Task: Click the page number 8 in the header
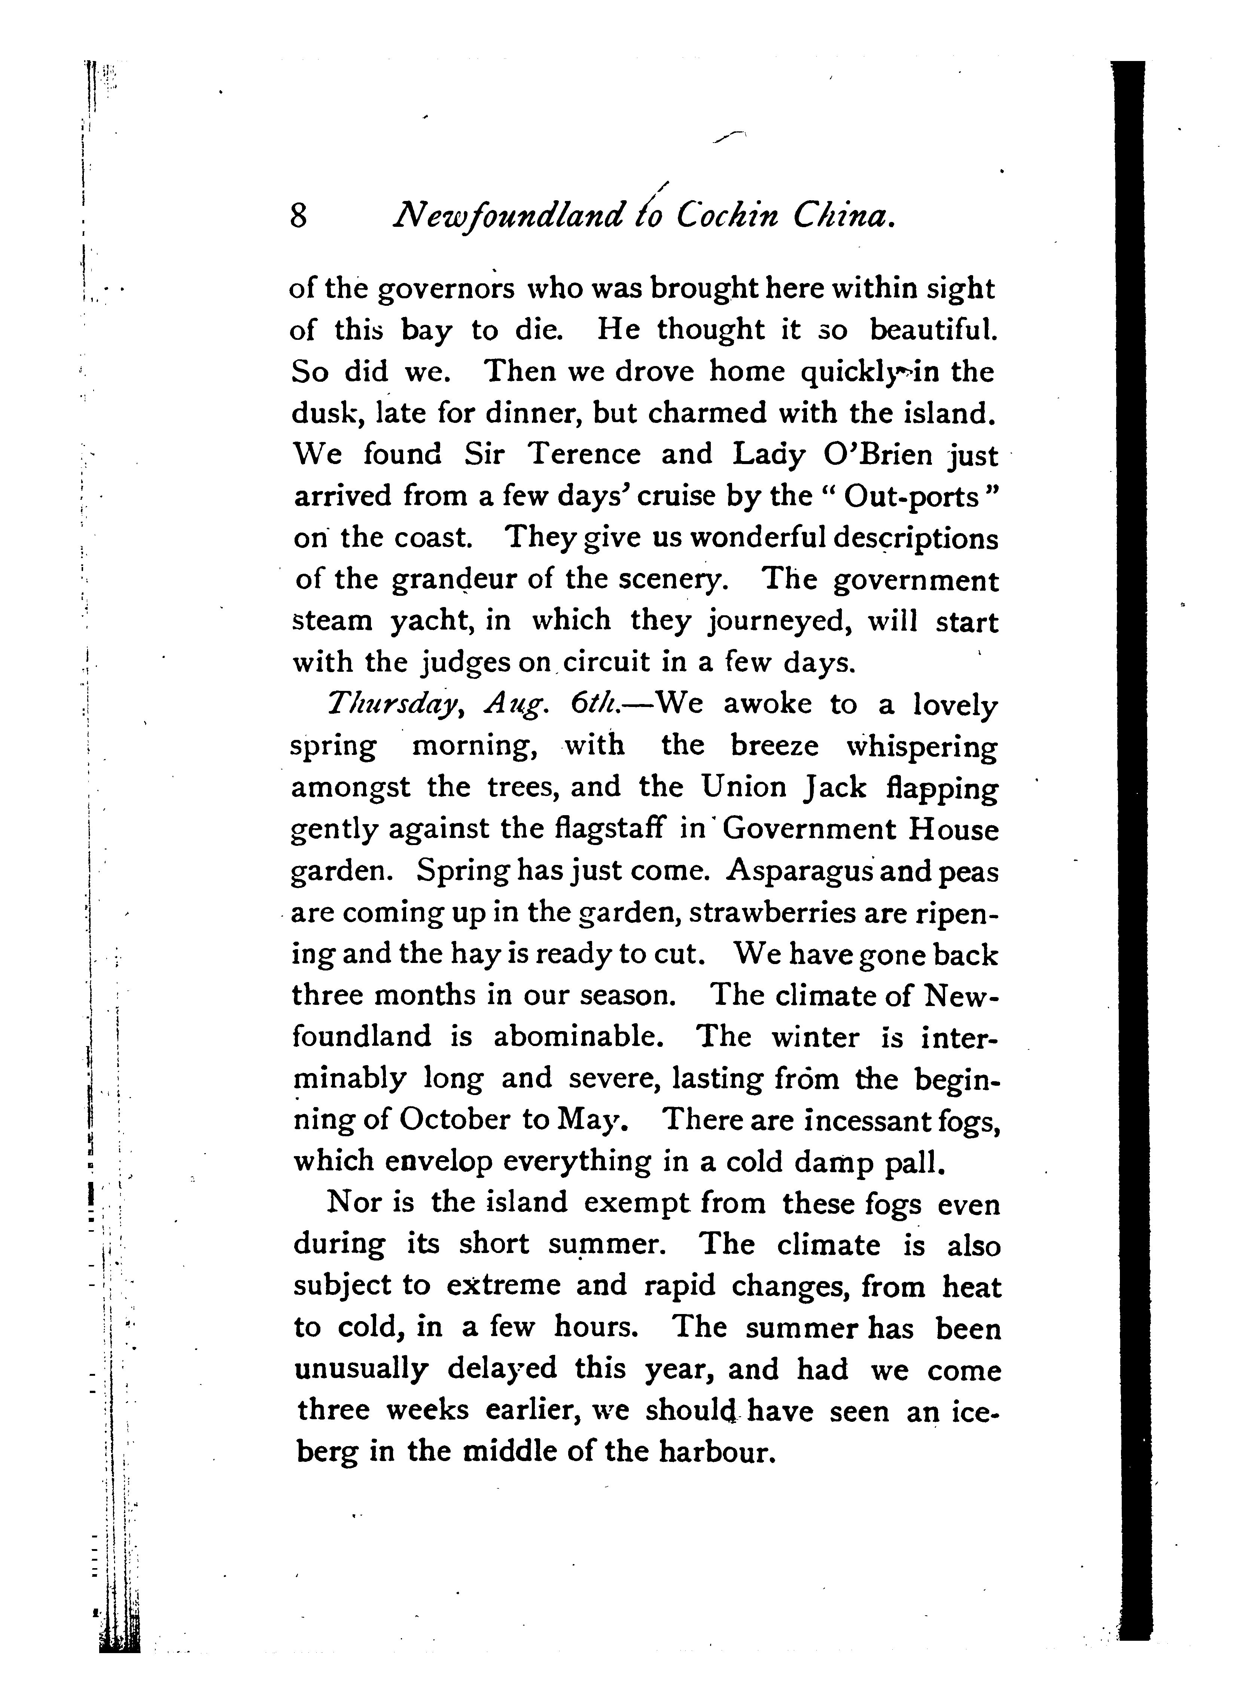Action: point(299,217)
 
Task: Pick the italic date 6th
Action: point(597,704)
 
